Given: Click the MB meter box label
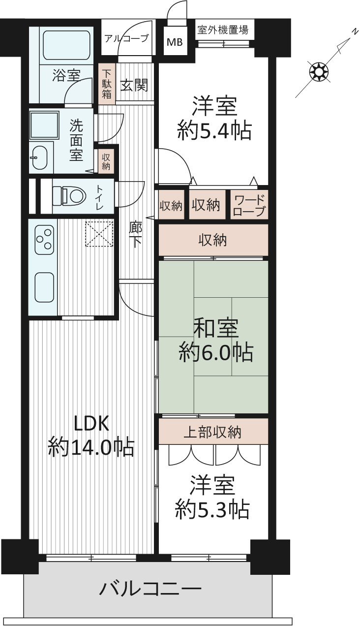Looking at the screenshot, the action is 175,42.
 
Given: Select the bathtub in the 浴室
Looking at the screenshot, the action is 67,45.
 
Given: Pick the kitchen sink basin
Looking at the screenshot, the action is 44,287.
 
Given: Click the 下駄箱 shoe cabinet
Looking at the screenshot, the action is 106,84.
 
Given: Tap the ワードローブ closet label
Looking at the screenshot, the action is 249,206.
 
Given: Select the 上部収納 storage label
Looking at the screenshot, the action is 212,432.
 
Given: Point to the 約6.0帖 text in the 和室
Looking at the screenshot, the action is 216,353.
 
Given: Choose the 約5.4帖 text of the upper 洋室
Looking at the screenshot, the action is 214,130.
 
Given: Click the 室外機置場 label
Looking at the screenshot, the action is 223,30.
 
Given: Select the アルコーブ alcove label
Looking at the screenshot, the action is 126,38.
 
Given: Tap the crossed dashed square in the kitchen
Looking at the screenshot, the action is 99,234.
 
